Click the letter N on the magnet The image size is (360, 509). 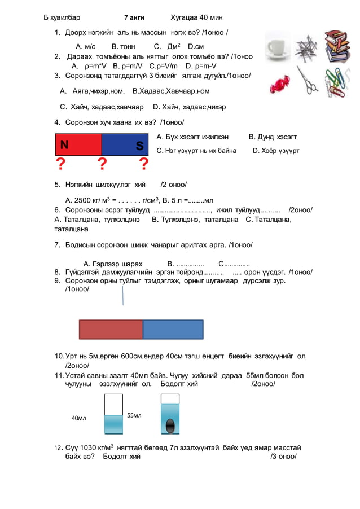click(65, 144)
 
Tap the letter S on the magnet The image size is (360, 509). click(139, 147)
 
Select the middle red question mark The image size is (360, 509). click(102, 164)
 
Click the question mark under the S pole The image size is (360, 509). click(144, 164)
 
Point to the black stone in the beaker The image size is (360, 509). click(170, 424)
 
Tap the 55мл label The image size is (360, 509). click(134, 415)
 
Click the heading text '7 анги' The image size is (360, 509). click(134, 17)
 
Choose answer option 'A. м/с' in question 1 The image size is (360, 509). click(85, 46)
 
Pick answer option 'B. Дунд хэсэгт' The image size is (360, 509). click(273, 137)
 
